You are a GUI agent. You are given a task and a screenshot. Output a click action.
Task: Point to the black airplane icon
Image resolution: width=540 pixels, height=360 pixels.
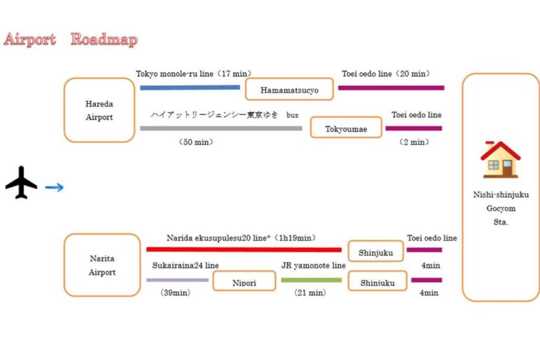click(x=21, y=182)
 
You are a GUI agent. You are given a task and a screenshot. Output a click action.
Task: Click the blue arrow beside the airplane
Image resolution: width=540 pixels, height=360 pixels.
click(x=54, y=187)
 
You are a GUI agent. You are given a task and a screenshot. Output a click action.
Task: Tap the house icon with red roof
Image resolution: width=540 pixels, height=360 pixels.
click(x=500, y=159)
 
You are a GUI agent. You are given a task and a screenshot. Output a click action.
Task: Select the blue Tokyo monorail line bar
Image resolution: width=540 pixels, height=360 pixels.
click(x=190, y=87)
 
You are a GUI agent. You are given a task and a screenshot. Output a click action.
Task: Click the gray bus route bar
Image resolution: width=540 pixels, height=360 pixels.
click(x=221, y=129)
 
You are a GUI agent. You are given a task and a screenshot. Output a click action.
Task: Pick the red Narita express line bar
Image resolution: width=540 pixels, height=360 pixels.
click(x=244, y=249)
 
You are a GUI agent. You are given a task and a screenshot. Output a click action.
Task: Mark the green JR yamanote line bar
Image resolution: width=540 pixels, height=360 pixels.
click(x=311, y=280)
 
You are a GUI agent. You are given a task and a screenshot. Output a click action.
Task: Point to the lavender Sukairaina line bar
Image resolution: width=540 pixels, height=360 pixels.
click(x=177, y=280)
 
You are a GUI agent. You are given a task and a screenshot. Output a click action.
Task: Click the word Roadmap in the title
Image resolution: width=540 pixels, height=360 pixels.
click(x=104, y=40)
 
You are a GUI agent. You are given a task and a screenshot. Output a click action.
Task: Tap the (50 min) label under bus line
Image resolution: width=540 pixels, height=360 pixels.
click(x=196, y=142)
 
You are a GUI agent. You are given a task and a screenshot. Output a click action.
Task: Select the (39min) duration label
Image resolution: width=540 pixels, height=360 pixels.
click(x=175, y=293)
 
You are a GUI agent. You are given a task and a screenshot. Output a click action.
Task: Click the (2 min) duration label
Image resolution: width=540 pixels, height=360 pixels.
click(x=414, y=142)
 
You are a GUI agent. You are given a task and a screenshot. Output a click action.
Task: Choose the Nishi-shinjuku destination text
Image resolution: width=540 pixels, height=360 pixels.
click(x=501, y=194)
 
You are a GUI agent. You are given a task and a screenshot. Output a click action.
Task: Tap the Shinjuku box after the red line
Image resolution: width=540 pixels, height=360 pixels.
click(x=375, y=251)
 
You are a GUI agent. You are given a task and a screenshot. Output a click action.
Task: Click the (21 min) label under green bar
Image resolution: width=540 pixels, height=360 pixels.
click(x=310, y=293)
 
